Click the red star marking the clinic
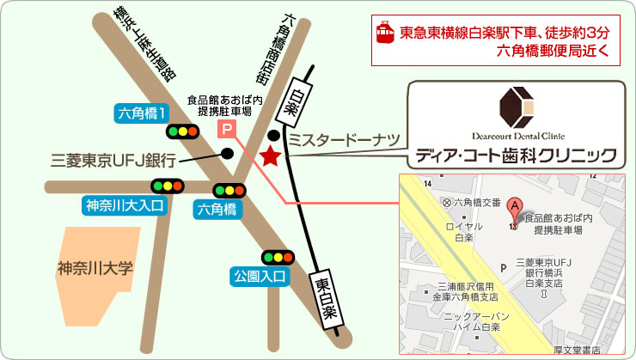[x=271, y=156]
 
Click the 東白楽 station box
[x=325, y=297]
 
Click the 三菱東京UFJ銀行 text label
[x=113, y=159]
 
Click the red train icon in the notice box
[x=385, y=33]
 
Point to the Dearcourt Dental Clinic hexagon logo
[x=517, y=104]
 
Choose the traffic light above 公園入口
[x=278, y=256]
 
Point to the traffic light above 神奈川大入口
[x=167, y=186]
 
